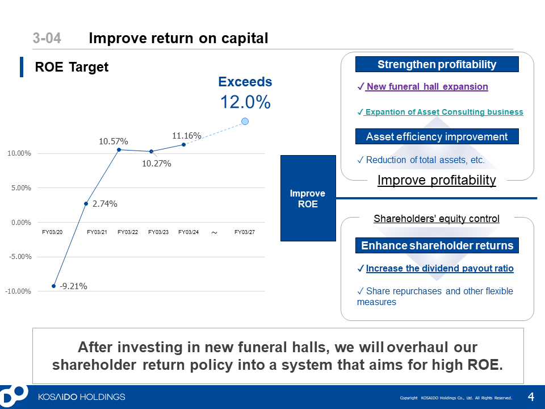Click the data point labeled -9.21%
[53, 286]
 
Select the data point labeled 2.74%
[86, 203]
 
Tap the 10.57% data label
[114, 141]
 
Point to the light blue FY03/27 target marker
[245, 122]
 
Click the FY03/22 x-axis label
[128, 232]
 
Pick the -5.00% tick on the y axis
[21, 257]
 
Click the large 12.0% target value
[245, 102]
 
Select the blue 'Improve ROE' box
[308, 198]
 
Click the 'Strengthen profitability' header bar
[437, 64]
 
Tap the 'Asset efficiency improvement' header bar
[437, 136]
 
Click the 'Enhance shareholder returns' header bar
[437, 245]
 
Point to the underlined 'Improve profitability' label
[437, 180]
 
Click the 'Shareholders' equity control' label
[437, 218]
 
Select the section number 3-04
[47, 38]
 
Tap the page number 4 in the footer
[531, 397]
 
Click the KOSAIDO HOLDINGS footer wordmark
[82, 397]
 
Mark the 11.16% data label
[187, 136]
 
